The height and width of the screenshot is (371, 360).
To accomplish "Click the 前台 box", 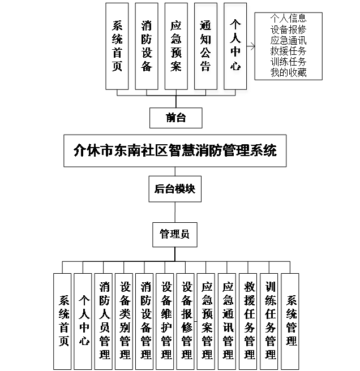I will click(x=175, y=118).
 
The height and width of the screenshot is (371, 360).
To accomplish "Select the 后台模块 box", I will click(x=175, y=189).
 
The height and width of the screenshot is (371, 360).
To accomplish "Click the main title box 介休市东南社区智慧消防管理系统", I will click(x=175, y=151).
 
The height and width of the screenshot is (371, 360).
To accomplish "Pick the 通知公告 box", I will click(x=205, y=46).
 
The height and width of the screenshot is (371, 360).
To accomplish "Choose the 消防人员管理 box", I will click(x=104, y=320).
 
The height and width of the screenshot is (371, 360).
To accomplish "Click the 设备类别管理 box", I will click(x=125, y=320).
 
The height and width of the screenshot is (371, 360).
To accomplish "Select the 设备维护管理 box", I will click(x=166, y=320).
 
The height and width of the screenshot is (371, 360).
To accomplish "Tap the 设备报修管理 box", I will click(x=187, y=320).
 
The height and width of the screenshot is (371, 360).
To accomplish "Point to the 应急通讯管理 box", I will click(x=228, y=320).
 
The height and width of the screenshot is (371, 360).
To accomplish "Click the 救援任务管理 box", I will click(x=249, y=320).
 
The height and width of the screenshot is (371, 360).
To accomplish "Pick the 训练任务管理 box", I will click(x=270, y=320).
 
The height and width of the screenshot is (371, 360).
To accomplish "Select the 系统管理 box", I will click(x=291, y=320).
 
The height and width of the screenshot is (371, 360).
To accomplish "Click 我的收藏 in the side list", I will click(x=288, y=72).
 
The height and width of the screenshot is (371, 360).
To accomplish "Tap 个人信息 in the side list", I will click(x=288, y=18).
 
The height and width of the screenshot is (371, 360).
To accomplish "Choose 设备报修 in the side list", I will click(x=288, y=29).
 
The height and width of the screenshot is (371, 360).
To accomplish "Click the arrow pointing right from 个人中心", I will click(x=251, y=45).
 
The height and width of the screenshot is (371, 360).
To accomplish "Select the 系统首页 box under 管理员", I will click(x=63, y=320).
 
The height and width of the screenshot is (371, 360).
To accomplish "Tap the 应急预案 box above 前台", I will click(x=176, y=46).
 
